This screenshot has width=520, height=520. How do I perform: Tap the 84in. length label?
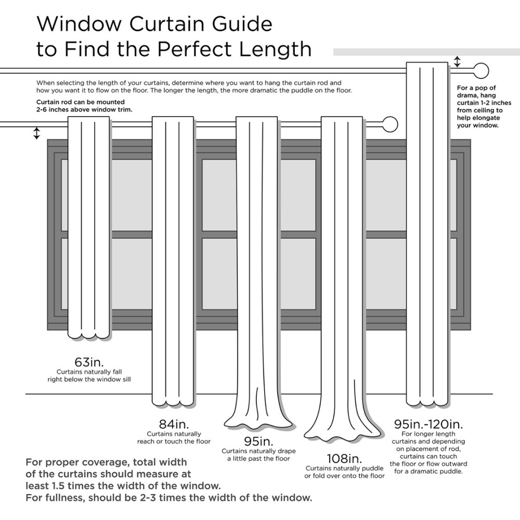pyautogui.click(x=174, y=424)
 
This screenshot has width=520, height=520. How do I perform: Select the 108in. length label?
pyautogui.click(x=344, y=459)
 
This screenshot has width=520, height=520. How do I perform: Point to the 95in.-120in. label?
pyautogui.click(x=428, y=424)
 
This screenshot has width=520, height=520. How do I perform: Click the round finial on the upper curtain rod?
pyautogui.click(x=482, y=71)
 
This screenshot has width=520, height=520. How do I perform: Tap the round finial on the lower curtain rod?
pyautogui.click(x=390, y=124)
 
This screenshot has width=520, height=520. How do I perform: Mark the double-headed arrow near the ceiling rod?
pyautogui.click(x=457, y=62)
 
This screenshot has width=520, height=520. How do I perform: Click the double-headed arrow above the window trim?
pyautogui.click(x=36, y=133)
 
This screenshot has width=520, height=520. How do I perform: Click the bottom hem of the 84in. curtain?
pyautogui.click(x=174, y=402)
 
